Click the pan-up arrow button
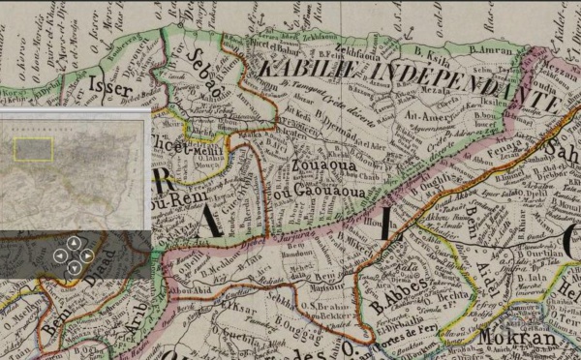[74, 243]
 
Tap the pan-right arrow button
[87, 255]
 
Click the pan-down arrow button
[74, 268]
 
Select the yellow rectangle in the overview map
[33, 148]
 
